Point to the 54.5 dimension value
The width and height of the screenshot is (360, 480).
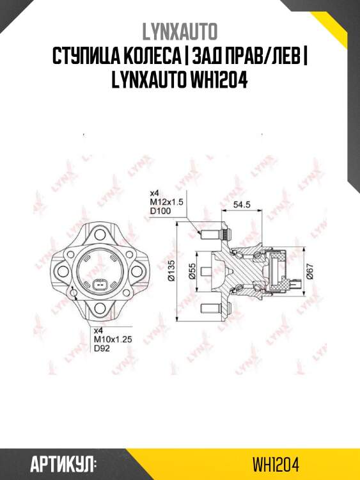[241, 205]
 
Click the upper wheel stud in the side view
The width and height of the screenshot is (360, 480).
[210, 234]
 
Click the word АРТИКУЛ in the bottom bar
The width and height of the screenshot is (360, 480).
[63, 463]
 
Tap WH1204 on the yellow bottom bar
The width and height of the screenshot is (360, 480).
[276, 463]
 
